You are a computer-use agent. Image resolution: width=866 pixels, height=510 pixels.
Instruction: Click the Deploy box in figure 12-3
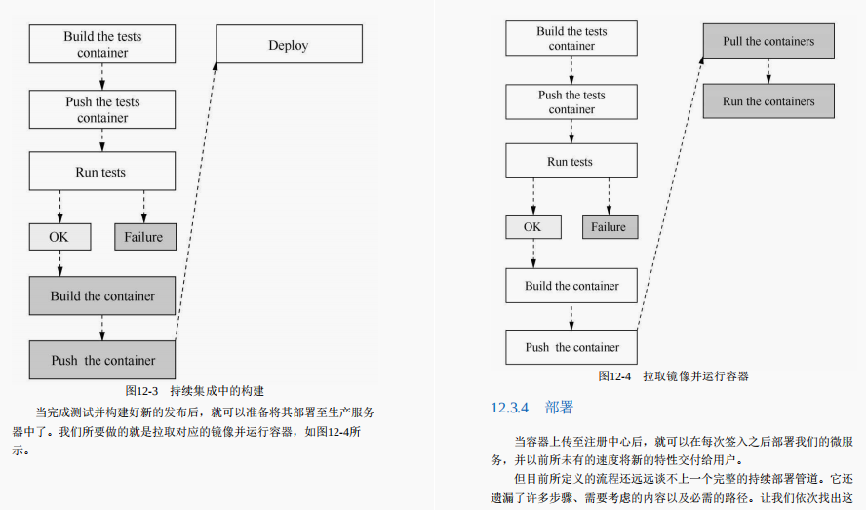pyautogui.click(x=289, y=45)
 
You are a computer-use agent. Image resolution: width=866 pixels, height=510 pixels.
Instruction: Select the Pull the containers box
pyautogui.click(x=768, y=42)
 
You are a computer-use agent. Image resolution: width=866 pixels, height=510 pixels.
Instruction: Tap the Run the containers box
pyautogui.click(x=768, y=101)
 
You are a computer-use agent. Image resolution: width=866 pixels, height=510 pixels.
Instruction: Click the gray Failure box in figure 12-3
pyautogui.click(x=143, y=237)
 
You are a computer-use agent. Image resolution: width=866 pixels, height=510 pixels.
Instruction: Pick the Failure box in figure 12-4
pyautogui.click(x=609, y=227)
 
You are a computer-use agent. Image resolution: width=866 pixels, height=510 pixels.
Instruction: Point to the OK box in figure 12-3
pyautogui.click(x=60, y=237)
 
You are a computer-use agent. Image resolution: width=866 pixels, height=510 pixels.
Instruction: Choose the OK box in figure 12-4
pyautogui.click(x=532, y=227)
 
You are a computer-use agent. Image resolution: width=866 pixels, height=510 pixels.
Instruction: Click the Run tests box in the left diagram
pyautogui.click(x=102, y=172)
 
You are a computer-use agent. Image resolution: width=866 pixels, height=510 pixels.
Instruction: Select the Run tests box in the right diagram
pyautogui.click(x=571, y=162)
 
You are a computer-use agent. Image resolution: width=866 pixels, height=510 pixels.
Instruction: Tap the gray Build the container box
pyautogui.click(x=102, y=295)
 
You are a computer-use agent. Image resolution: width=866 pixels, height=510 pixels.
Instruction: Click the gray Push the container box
pyautogui.click(x=102, y=360)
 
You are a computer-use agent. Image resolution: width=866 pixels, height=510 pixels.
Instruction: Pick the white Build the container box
pyautogui.click(x=571, y=286)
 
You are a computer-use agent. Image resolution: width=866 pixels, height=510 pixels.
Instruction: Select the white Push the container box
pyautogui.click(x=571, y=347)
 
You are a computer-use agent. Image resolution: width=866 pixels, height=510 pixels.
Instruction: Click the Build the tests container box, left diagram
pyautogui.click(x=102, y=45)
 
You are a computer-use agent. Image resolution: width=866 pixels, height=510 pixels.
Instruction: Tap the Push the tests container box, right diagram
pyautogui.click(x=571, y=101)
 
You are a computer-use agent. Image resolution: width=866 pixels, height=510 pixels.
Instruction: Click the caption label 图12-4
pyautogui.click(x=614, y=375)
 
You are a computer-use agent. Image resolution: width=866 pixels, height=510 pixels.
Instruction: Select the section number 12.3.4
pyautogui.click(x=509, y=407)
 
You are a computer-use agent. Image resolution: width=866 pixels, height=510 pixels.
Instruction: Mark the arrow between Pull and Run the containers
pyautogui.click(x=768, y=71)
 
